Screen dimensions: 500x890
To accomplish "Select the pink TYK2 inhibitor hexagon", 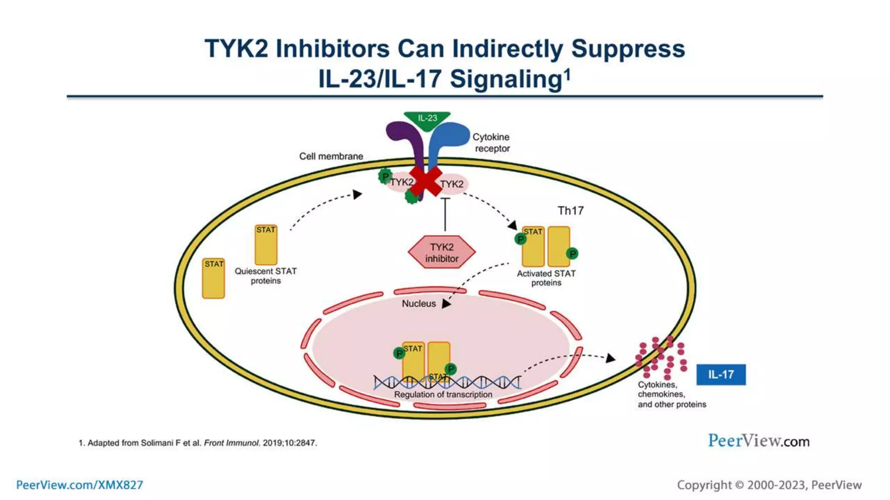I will pos(442,252).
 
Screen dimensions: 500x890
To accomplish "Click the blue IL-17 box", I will pos(721,375).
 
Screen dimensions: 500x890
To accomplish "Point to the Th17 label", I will pos(571,211).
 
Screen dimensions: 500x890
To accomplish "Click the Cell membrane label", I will pos(331,156).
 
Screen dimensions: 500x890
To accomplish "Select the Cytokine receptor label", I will pos(491,142).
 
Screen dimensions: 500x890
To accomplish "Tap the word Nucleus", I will pos(418,304).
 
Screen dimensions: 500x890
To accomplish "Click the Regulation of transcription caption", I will pos(443,395).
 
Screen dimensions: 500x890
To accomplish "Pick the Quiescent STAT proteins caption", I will pos(266,276).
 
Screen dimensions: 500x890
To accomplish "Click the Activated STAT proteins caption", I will pos(546,278).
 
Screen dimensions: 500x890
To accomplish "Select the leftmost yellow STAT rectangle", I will pos(213,279).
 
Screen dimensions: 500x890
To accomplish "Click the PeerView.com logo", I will pos(758,441).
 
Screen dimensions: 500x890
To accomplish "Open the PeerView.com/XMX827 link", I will pos(80,485).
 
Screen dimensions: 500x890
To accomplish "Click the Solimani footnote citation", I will pos(198,443).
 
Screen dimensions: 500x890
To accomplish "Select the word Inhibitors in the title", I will pos(332,49).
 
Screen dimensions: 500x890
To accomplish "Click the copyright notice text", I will pos(769,485).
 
